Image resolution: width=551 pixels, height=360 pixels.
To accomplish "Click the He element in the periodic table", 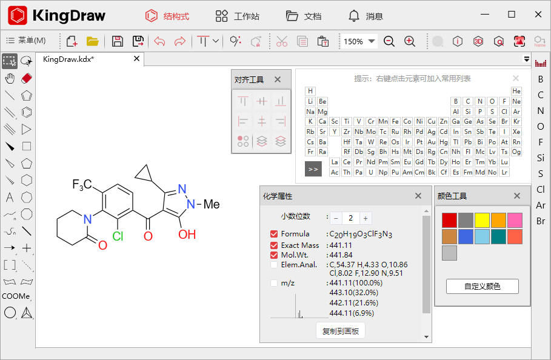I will click(x=516, y=91).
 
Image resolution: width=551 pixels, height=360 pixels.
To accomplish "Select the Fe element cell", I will click(x=395, y=121).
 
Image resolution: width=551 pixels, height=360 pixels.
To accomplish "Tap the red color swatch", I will click(x=449, y=220).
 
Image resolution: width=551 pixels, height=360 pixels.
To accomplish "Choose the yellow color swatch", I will click(x=482, y=220).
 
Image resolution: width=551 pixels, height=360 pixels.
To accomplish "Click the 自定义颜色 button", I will click(x=483, y=286).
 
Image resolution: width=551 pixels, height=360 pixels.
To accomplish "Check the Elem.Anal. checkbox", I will click(x=274, y=265).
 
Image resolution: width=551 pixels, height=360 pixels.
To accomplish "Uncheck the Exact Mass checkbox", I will click(x=274, y=245).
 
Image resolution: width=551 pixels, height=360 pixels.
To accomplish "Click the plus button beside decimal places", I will click(x=365, y=218).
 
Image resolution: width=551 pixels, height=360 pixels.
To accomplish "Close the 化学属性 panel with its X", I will click(x=418, y=196).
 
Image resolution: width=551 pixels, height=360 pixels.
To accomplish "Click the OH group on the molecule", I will click(x=187, y=234).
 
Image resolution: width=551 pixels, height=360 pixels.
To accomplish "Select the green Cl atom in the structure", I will click(x=118, y=236).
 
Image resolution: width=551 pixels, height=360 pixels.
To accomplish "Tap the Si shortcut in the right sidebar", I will click(x=541, y=158).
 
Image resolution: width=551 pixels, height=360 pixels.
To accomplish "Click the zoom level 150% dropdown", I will click(x=360, y=41).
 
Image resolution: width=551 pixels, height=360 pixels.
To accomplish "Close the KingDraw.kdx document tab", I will click(x=137, y=59).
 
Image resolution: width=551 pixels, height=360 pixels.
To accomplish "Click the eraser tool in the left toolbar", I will click(x=26, y=78).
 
